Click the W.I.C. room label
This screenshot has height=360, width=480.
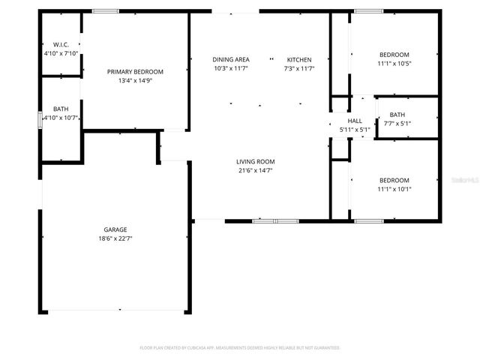61,44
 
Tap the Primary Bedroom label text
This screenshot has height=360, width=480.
135,72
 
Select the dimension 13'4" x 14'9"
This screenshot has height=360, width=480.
135,82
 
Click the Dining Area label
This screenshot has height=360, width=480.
230,59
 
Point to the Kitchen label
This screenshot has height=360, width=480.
298,59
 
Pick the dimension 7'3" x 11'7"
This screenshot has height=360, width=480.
298,69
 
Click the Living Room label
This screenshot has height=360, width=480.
256,161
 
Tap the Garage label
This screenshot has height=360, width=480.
115,229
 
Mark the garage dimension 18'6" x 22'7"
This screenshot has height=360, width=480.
115,239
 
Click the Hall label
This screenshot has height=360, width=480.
355,121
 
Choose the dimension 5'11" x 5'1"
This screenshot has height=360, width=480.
355,130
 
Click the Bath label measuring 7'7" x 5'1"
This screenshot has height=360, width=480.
397,115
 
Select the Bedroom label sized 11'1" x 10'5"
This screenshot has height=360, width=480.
394,55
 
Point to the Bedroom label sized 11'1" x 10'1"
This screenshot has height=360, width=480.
394,180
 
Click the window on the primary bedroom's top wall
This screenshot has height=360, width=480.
105,11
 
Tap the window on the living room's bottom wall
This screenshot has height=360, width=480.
275,221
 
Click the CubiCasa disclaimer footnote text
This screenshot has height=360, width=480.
240,348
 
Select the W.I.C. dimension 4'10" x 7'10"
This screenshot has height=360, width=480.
61,54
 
